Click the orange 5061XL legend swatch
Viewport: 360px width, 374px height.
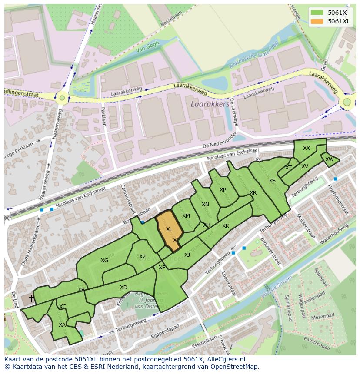pos(317,21)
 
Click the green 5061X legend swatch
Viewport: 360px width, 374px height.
pos(317,13)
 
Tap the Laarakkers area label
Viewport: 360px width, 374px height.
pos(210,104)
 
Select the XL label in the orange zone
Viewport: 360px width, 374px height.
pos(169,229)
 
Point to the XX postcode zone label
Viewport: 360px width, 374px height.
pos(307,148)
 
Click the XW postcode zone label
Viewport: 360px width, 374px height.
pos(330,159)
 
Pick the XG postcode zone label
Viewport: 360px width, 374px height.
pos(104,261)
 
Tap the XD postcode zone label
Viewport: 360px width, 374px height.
pos(123,288)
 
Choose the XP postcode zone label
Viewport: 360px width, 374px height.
pos(223,190)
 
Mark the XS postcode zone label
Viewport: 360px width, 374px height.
pos(272,181)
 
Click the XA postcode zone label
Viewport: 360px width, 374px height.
pos(62,324)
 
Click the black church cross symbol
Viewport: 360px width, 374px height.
pos(31,298)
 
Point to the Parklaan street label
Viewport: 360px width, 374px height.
pos(103,116)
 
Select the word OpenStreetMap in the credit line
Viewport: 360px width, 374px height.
pos(235,367)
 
